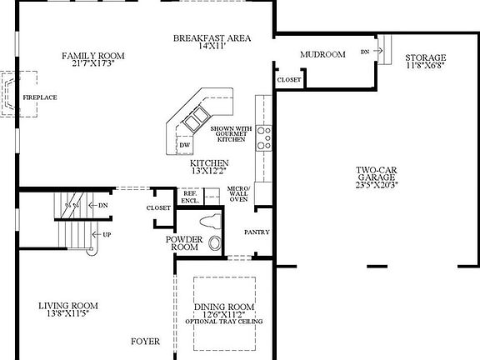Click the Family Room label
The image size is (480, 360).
[92, 56]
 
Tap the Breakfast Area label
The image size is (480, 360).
[211, 38]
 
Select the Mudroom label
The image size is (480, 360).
[322, 55]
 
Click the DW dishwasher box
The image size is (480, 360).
[184, 145]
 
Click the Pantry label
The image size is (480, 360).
[257, 232]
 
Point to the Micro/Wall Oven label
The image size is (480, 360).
[239, 194]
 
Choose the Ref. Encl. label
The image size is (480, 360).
[190, 197]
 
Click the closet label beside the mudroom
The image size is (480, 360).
[289, 80]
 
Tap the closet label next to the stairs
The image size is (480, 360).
[157, 207]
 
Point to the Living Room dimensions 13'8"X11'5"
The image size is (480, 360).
[68, 315]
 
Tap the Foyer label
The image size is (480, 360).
[145, 342]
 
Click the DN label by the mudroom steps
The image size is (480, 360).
[365, 52]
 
